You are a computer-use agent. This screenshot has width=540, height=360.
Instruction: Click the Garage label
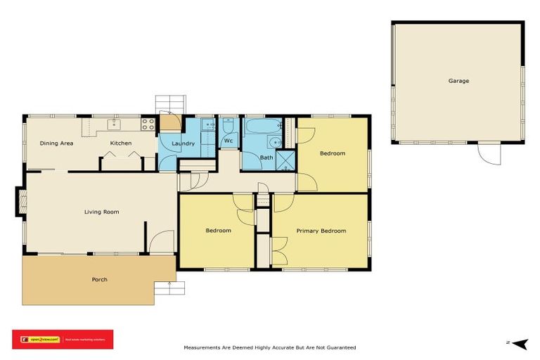(458, 81)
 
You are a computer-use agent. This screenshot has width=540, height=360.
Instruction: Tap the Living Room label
(102, 212)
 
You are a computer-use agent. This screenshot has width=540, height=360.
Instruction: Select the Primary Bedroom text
(321, 231)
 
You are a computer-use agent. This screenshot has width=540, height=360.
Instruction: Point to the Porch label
(100, 279)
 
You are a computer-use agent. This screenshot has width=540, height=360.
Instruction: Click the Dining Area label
(56, 143)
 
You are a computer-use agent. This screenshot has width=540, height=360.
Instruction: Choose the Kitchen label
(120, 143)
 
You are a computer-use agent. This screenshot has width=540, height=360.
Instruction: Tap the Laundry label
(183, 143)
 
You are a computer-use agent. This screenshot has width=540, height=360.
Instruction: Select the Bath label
(266, 157)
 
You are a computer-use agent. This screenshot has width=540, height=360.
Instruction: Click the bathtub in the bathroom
(262, 127)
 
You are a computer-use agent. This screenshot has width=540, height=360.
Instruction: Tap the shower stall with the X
(285, 161)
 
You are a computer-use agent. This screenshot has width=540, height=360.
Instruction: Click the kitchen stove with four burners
(148, 124)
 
